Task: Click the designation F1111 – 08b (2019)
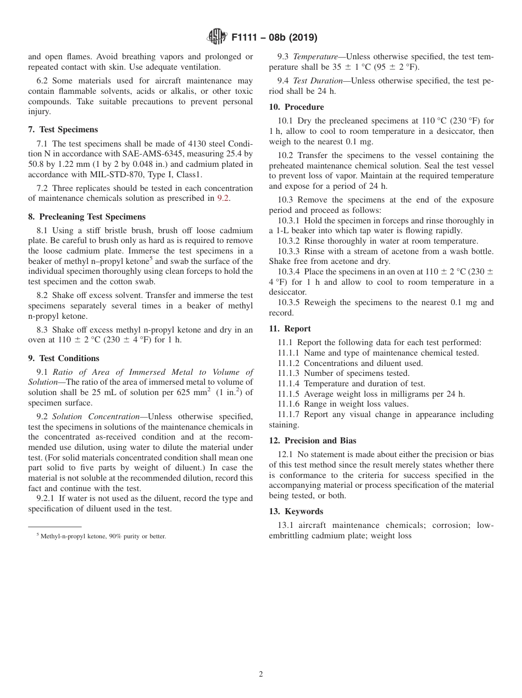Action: coord(274,38)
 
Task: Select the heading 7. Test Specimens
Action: coord(63,130)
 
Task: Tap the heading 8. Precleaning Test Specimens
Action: coord(87,217)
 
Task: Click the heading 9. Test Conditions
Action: coord(64,358)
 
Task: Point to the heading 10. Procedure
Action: coord(296,107)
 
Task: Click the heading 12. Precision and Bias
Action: coord(312,441)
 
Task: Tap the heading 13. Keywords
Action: coord(296,511)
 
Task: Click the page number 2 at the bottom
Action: coord(261,674)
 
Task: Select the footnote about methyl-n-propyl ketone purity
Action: coord(101,536)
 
